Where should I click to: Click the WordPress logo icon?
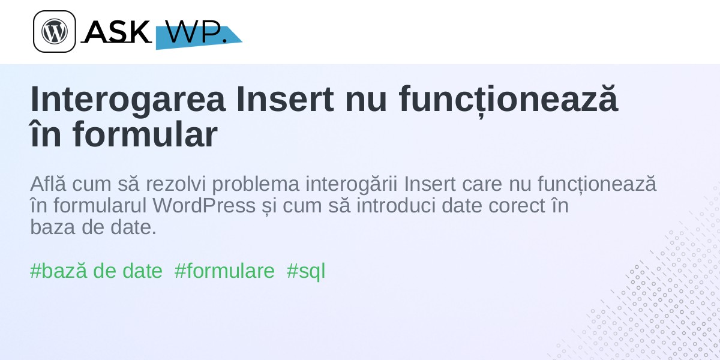[x=55, y=31]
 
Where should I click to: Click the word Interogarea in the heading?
[x=128, y=99]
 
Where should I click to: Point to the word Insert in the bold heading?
[x=285, y=99]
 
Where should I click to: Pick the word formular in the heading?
[x=145, y=134]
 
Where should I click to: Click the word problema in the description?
[x=256, y=185]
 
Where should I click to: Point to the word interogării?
[x=352, y=185]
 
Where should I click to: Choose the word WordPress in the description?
[x=204, y=205]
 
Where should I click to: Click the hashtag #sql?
[x=306, y=272]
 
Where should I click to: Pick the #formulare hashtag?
[x=224, y=271]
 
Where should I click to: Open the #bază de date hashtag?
[x=96, y=271]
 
